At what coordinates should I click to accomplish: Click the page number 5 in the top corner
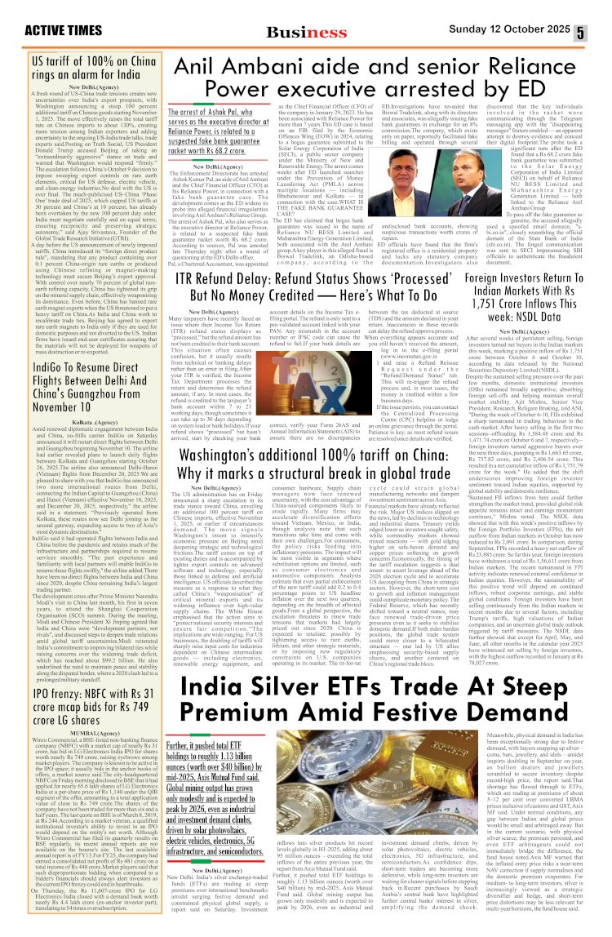[x=601, y=33]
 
